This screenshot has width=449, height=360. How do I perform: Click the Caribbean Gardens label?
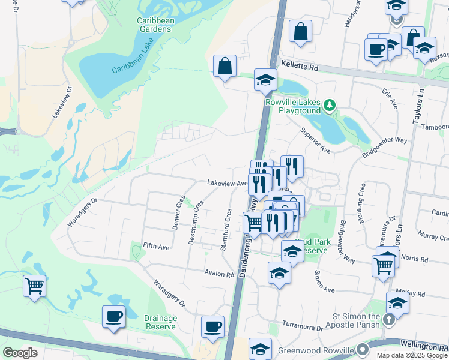pyautogui.click(x=155, y=25)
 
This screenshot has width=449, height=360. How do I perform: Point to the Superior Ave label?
pyautogui.click(x=316, y=140)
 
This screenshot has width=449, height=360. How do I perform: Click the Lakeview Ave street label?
pyautogui.click(x=227, y=182)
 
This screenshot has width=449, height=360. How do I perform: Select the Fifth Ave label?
pyautogui.click(x=156, y=246)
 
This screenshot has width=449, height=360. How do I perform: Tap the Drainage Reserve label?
pyautogui.click(x=160, y=322)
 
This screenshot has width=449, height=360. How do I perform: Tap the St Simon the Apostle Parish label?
pyautogui.click(x=357, y=320)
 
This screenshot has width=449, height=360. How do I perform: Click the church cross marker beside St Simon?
pyautogui.click(x=388, y=319)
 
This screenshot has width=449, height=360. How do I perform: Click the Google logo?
pyautogui.click(x=20, y=352)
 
